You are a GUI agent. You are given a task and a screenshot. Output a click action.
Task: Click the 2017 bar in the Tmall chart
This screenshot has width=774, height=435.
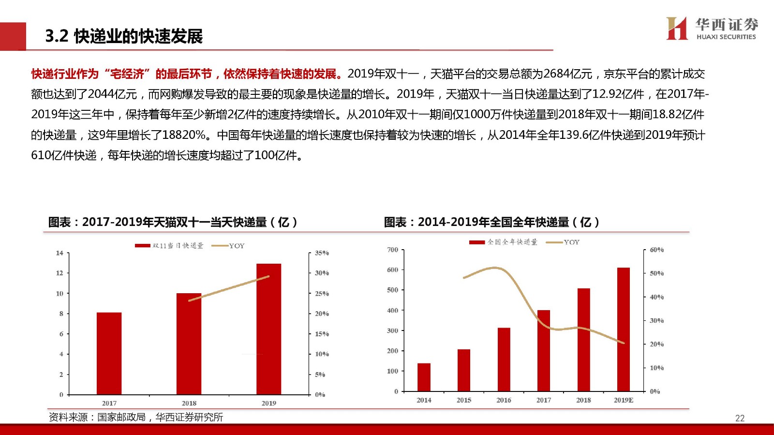coord(109,353)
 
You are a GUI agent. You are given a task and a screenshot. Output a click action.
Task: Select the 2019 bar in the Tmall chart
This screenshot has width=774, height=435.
coord(268,329)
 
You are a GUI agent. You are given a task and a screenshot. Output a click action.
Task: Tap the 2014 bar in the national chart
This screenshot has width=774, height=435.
coord(424,377)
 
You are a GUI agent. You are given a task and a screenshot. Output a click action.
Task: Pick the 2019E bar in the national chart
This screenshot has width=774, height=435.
coord(624,329)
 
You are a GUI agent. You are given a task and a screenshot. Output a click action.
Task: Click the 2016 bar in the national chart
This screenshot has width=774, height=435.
coord(504,360)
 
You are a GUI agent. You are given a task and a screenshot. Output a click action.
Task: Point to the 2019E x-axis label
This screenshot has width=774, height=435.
coord(624,400)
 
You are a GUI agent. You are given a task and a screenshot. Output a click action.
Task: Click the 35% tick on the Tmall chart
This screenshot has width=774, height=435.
coord(322,253)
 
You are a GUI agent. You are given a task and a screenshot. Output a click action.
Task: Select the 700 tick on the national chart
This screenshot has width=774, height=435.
coord(392,250)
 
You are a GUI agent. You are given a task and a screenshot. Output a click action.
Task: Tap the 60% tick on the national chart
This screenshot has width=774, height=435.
coord(656,250)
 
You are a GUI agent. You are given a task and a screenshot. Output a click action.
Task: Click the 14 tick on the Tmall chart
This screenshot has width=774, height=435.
coord(60,253)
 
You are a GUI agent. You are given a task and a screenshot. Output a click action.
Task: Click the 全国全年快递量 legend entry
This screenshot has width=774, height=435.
coord(503,242)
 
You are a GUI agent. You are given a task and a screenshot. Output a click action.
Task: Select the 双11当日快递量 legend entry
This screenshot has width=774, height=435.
coord(169,246)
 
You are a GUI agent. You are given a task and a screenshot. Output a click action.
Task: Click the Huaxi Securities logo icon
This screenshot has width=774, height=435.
coord(677,28)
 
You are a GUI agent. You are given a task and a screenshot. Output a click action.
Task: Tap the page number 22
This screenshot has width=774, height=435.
coord(740,419)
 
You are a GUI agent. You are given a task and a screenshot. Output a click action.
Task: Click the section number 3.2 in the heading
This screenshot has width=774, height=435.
coord(57,36)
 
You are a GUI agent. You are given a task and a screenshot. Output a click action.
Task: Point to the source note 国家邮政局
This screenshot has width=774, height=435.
coord(121,417)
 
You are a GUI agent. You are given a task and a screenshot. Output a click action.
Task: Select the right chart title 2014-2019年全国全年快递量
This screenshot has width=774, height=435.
coord(493,222)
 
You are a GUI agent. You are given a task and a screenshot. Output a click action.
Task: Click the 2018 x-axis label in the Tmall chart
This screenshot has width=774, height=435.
coord(189,403)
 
